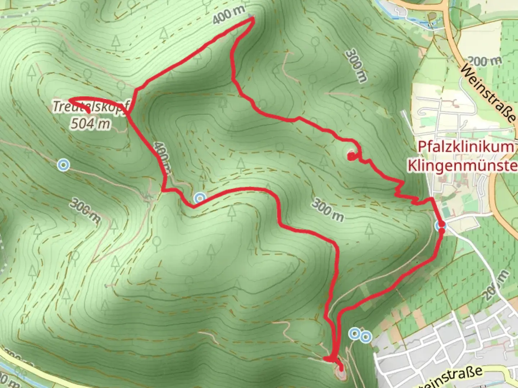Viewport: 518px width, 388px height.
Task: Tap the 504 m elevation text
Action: pyautogui.click(x=90, y=124)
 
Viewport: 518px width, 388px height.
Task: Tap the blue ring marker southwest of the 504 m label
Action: pyautogui.click(x=64, y=165)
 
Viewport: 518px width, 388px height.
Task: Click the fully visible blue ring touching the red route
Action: pyautogui.click(x=200, y=198)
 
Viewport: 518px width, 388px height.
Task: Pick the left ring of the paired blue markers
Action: pyautogui.click(x=355, y=333)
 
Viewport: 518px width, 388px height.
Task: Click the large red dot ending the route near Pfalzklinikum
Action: pyautogui.click(x=350, y=156)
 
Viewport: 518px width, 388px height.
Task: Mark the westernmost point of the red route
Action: pyautogui.click(x=68, y=99)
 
